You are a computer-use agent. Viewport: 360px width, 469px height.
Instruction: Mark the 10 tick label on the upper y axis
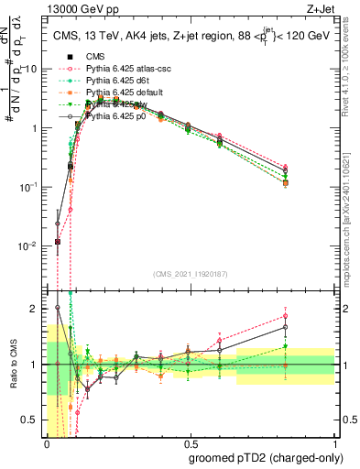[31, 69]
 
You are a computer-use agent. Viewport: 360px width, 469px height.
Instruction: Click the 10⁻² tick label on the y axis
[29, 246]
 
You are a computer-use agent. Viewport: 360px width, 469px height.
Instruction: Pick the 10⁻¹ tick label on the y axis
[29, 187]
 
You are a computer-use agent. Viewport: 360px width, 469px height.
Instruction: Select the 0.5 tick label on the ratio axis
[31, 420]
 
